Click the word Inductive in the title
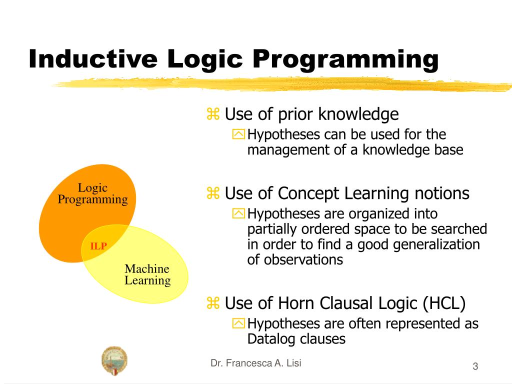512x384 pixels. tap(93, 59)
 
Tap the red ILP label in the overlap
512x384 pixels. tap(98, 246)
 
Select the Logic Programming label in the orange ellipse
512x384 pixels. tap(92, 194)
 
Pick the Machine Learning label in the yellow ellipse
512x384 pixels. tap(147, 274)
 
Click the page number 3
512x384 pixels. tap(475, 367)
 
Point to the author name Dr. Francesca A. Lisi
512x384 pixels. tap(255, 363)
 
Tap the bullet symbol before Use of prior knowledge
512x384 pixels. tap(213, 115)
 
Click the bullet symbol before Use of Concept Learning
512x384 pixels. tap(213, 193)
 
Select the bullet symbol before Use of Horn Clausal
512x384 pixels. tap(213, 303)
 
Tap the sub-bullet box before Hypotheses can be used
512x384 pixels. tap(239, 134)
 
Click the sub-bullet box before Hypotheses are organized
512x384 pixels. tap(239, 214)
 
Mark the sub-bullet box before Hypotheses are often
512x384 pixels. tap(239, 324)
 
